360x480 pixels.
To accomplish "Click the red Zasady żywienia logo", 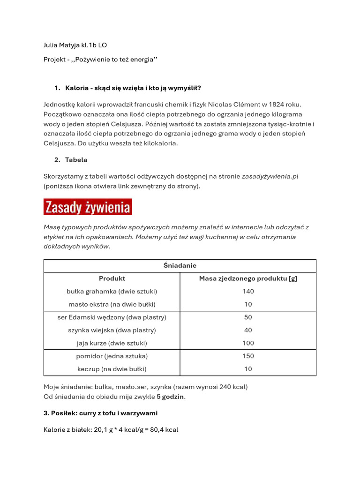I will click(x=88, y=207).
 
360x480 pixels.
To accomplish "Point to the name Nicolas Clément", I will click(x=234, y=105).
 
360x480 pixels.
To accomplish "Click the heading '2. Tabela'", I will click(x=71, y=160).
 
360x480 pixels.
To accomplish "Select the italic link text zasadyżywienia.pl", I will click(x=270, y=176).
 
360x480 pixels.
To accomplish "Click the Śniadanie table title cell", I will click(x=180, y=266).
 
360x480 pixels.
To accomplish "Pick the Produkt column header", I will click(x=112, y=278).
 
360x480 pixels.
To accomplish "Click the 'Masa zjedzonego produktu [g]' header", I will click(x=248, y=278).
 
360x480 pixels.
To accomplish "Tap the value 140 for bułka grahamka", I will click(x=248, y=291).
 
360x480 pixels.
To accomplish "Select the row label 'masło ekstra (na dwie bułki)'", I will click(x=112, y=304).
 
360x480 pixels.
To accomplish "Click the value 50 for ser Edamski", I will click(x=248, y=317).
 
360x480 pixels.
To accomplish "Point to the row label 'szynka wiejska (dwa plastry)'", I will click(x=112, y=330).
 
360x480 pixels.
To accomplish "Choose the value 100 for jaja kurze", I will click(x=248, y=343).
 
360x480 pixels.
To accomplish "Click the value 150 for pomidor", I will click(x=248, y=356).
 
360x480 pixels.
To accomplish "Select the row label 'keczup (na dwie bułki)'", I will click(x=112, y=369).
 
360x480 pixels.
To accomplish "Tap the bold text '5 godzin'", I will click(x=171, y=397).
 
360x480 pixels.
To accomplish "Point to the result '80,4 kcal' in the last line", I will click(x=164, y=429).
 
